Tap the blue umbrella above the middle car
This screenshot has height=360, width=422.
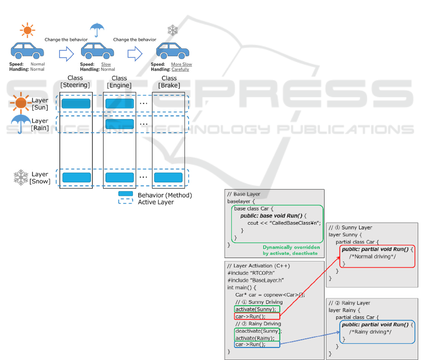[97, 30]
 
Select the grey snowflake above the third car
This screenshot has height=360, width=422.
[173, 30]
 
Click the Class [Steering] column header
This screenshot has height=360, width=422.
[75, 82]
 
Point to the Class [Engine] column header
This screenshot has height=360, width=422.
[119, 82]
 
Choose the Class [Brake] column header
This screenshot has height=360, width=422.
[169, 82]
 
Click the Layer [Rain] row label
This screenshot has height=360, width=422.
[40, 124]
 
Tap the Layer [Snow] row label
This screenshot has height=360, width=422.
[40, 178]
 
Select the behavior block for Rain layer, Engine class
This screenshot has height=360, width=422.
[119, 124]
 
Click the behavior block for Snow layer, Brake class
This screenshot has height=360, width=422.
[168, 178]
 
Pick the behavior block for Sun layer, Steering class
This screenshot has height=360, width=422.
[76, 104]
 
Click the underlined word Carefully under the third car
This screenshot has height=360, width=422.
[180, 69]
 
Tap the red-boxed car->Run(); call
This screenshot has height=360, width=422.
[250, 316]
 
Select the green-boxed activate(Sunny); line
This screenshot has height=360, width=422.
[257, 309]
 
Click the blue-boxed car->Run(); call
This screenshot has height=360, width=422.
[250, 345]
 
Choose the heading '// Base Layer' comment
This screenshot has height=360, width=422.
[244, 194]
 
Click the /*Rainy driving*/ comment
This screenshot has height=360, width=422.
[370, 332]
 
